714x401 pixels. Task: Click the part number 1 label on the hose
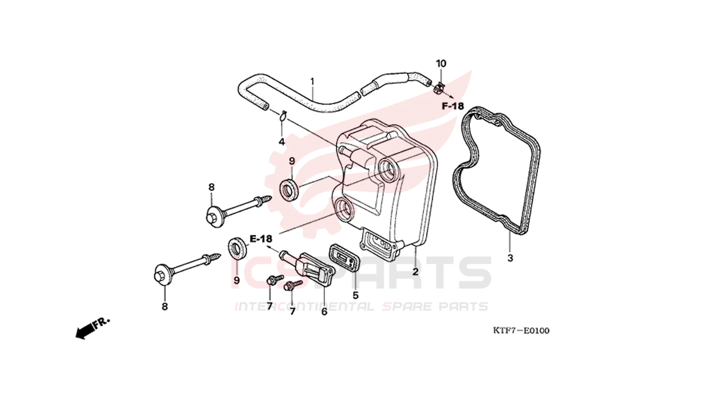pyautogui.click(x=312, y=81)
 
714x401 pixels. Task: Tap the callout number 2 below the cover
pyautogui.click(x=415, y=272)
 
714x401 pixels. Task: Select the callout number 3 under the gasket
pyautogui.click(x=510, y=258)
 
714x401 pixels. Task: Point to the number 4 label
pyautogui.click(x=281, y=141)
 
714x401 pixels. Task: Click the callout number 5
pyautogui.click(x=355, y=295)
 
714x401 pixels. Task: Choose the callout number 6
pyautogui.click(x=324, y=311)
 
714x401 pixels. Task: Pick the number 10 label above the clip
pyautogui.click(x=441, y=64)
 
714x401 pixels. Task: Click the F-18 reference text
pyautogui.click(x=453, y=106)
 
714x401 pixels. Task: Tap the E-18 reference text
pyautogui.click(x=261, y=239)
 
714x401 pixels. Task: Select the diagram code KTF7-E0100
pyautogui.click(x=521, y=331)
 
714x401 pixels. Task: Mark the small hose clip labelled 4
pyautogui.click(x=283, y=115)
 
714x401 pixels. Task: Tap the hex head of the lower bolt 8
pyautogui.click(x=161, y=275)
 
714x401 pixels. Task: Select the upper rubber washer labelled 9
pyautogui.click(x=290, y=189)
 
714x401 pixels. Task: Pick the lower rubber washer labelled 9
pyautogui.click(x=238, y=248)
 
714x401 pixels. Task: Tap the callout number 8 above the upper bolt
pyautogui.click(x=211, y=187)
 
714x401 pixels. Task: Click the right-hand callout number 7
pyautogui.click(x=292, y=311)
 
